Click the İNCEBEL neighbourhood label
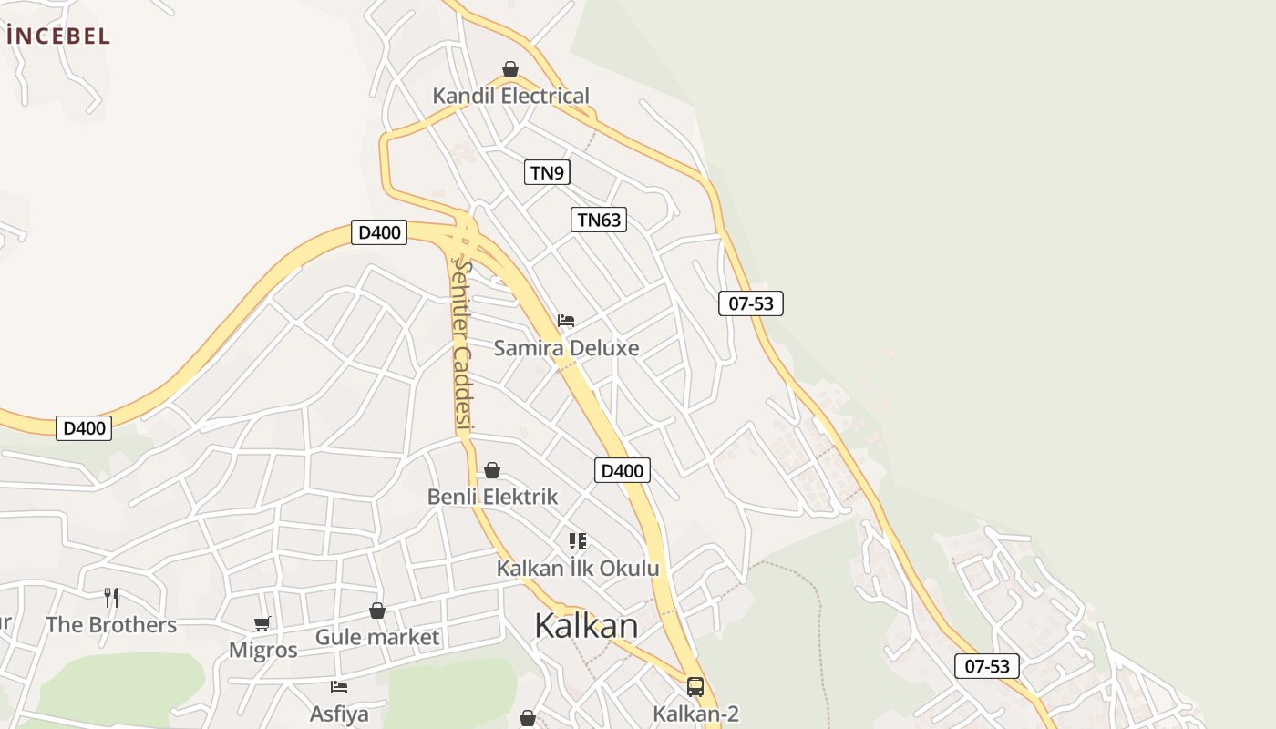coord(58,36)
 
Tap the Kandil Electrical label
coord(510,96)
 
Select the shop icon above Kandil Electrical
coord(510,69)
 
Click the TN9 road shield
coord(547,172)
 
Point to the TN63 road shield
coord(599,220)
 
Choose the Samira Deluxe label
coord(566,347)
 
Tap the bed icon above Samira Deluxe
coord(566,321)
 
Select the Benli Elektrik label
coord(492,497)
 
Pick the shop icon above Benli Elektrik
coord(492,470)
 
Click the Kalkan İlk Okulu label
coord(577,569)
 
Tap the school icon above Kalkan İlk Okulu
coord(577,541)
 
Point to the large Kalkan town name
coord(586,626)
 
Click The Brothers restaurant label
coord(111,624)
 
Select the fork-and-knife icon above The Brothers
coord(111,598)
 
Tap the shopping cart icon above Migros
coord(262,623)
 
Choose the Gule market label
coord(377,637)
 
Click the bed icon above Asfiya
coord(339,686)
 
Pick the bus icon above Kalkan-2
coord(695,686)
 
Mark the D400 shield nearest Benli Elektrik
coord(623,471)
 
